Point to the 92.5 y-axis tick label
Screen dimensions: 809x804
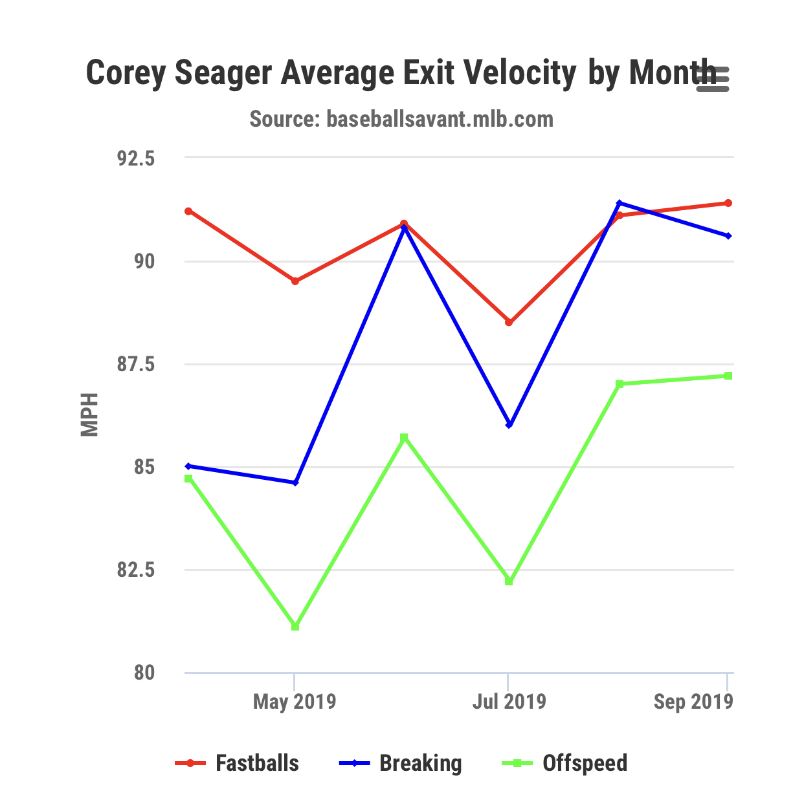coord(136,158)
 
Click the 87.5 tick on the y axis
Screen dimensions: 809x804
coord(136,365)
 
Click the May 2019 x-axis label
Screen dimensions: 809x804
coord(295,702)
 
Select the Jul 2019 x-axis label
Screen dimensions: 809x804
coord(509,702)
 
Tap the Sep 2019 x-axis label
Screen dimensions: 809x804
coord(693,702)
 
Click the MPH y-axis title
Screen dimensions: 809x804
coord(89,415)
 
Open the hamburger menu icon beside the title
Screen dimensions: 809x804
coord(713,79)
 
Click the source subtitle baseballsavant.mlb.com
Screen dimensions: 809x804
coord(401,119)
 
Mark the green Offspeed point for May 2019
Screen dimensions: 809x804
coord(295,627)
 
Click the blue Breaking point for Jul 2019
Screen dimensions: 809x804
coord(509,425)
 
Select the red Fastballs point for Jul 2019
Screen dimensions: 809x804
coord(509,322)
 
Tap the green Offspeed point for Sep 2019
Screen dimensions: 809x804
coord(728,376)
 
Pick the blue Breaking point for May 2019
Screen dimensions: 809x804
coord(295,482)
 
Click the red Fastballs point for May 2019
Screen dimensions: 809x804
coord(295,281)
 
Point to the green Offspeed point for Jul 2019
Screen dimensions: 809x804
coord(509,581)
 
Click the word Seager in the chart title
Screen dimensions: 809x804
coord(223,72)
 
